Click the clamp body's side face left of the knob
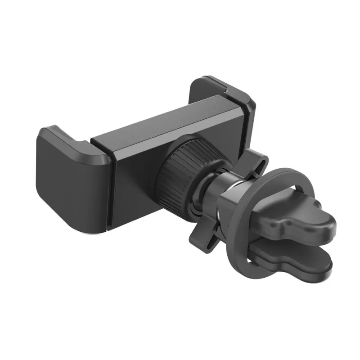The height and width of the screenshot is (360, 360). (135, 180)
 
